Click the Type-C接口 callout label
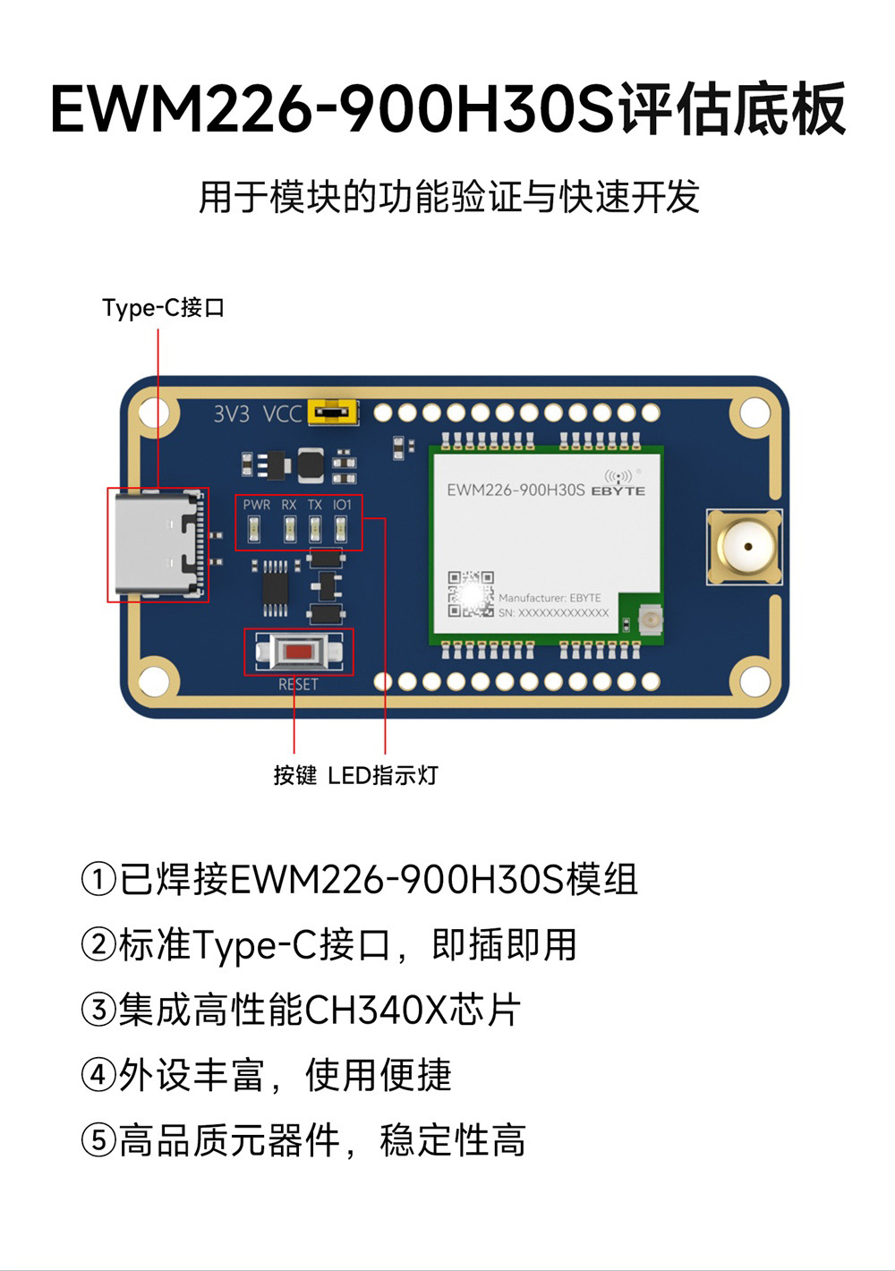tap(163, 308)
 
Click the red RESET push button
tap(299, 652)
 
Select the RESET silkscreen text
tap(298, 685)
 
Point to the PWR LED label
tap(256, 505)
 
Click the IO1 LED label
tap(342, 505)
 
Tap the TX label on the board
tap(315, 505)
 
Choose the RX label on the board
tap(288, 505)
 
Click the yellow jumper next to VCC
tap(332, 413)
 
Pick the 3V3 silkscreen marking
tap(231, 414)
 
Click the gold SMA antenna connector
tap(743, 546)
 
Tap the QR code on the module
tap(471, 594)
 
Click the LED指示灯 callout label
tap(383, 775)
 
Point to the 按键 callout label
tap(295, 775)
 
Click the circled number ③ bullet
tap(98, 1010)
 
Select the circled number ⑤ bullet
tap(98, 1140)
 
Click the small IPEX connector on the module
tap(649, 618)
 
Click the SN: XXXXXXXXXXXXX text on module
tap(553, 613)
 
